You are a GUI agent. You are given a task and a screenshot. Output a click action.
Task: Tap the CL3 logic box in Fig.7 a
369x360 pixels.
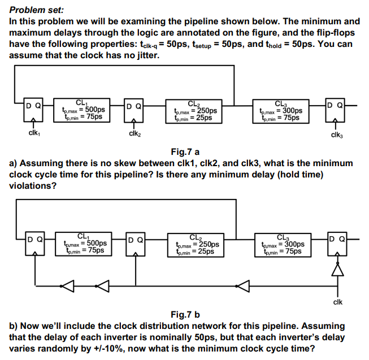(281, 111)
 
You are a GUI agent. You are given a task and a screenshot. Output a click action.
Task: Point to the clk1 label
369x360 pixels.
(33, 133)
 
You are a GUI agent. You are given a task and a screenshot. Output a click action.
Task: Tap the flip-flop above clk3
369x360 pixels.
(336, 110)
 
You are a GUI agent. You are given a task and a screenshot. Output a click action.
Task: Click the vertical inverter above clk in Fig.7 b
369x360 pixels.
(337, 271)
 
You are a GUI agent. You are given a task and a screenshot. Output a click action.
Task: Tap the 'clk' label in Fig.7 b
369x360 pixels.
(337, 301)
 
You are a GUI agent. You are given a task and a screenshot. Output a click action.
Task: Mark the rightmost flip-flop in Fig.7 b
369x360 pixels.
(337, 244)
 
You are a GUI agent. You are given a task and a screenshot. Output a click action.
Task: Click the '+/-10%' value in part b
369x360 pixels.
(107, 348)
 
